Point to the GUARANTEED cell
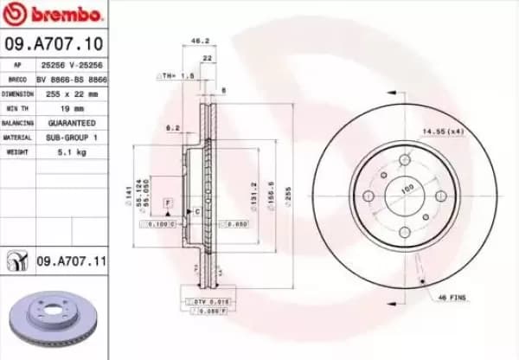72,123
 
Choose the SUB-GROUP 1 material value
72,137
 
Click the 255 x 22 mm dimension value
72,93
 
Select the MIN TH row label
17,108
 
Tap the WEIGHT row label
17,151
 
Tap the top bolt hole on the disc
406,160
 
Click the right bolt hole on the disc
441,196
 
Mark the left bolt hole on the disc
369,196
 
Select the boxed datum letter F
169,202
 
